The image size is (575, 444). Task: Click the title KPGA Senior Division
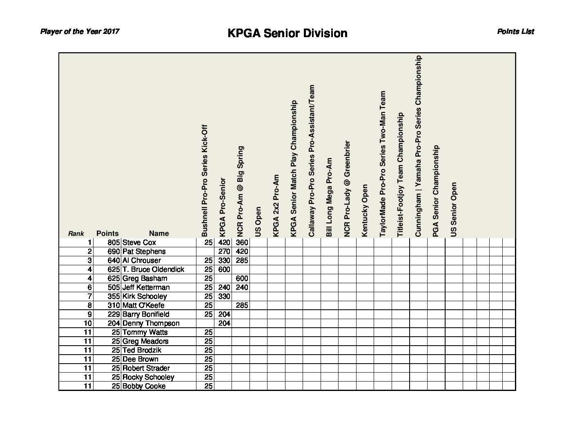tap(287, 33)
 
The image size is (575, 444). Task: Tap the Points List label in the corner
tap(515, 31)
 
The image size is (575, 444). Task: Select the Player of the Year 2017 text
tap(80, 31)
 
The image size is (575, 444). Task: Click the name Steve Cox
tap(139, 242)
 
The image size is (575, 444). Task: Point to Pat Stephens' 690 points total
tap(113, 251)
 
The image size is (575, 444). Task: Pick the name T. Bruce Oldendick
tap(153, 269)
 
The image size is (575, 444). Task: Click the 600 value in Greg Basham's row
tap(242, 278)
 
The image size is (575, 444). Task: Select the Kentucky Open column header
tap(365, 210)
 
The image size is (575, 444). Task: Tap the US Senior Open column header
tap(454, 209)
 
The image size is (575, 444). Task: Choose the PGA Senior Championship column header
tap(436, 191)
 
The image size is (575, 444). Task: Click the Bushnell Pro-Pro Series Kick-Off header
tap(205, 180)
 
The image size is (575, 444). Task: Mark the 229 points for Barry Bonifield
tap(114, 314)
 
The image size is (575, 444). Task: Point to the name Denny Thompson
tap(151, 323)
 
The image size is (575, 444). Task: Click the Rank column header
tap(76, 234)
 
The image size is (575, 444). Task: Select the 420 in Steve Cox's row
tap(224, 242)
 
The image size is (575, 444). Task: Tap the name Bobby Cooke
tap(144, 386)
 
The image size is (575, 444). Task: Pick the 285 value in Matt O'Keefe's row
tap(242, 305)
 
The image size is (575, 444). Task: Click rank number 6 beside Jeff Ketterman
tap(89, 287)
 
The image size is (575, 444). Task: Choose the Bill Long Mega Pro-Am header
tap(329, 197)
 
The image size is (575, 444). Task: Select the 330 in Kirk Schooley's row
tap(224, 296)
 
